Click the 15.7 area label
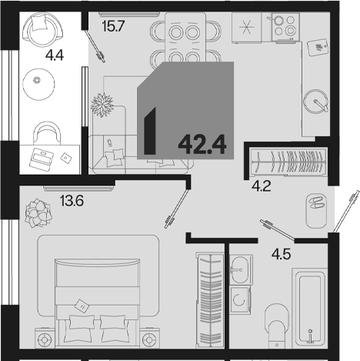click(x=113, y=26)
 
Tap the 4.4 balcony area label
click(x=55, y=55)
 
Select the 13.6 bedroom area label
click(x=72, y=201)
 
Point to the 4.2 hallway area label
click(x=262, y=186)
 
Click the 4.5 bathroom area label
click(x=282, y=255)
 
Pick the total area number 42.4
click(x=202, y=145)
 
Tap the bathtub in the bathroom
click(x=310, y=308)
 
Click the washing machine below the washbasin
click(x=239, y=299)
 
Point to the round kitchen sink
click(x=315, y=101)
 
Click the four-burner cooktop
click(x=285, y=26)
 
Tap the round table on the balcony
click(x=38, y=84)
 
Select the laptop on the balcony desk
click(x=41, y=158)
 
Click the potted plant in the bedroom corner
click(x=38, y=212)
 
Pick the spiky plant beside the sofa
click(x=102, y=105)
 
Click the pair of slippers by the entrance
click(x=316, y=202)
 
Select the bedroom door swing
click(x=176, y=209)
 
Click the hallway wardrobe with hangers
click(x=288, y=162)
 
